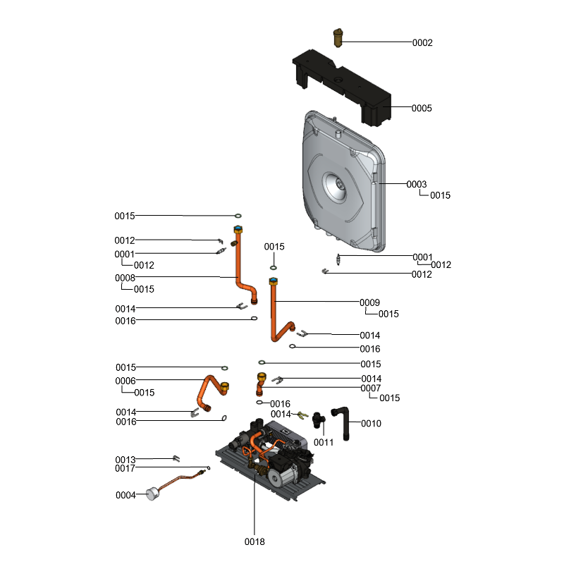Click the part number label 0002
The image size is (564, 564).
coord(422,43)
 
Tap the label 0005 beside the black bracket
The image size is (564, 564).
coord(422,109)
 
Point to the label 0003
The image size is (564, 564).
coord(416,184)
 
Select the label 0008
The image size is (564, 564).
coord(125,278)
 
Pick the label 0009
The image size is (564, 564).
coord(369,302)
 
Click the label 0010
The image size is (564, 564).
coord(371,424)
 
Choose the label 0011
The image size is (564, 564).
coord(324,442)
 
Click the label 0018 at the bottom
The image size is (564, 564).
coord(255,541)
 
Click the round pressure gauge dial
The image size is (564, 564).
coord(152,494)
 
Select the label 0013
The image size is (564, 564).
coord(125,460)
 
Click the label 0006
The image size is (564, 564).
coord(125,381)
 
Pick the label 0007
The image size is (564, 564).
coord(371,388)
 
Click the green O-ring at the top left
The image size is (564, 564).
coord(238,216)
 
